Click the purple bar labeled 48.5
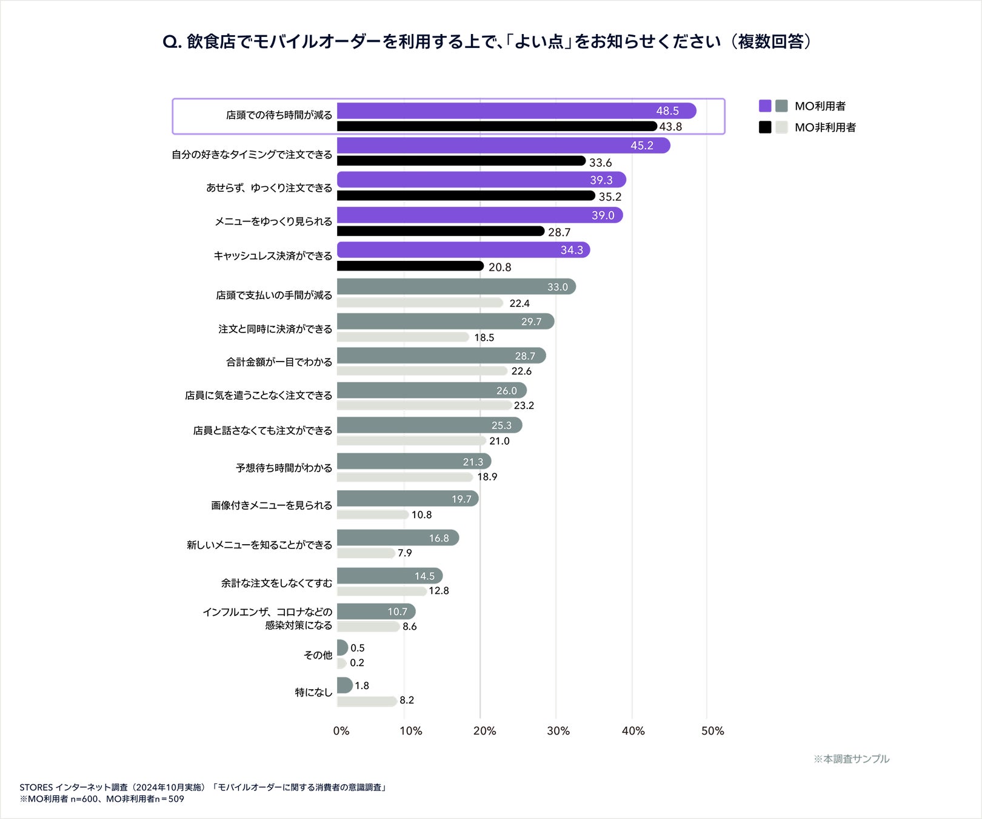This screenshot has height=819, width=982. [515, 111]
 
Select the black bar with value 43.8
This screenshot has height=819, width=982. [496, 127]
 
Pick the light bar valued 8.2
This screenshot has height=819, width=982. [367, 701]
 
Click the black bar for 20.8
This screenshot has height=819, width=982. [410, 266]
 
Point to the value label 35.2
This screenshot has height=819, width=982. [610, 197]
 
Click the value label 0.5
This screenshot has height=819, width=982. [358, 648]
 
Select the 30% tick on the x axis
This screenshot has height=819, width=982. [558, 731]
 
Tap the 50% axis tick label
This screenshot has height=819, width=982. [712, 731]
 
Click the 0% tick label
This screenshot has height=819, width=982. [341, 731]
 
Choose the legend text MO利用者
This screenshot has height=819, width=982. [820, 106]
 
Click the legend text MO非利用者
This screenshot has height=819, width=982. [825, 127]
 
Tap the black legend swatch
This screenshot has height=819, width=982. [765, 127]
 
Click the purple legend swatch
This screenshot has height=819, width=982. [765, 106]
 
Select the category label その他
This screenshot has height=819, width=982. [318, 655]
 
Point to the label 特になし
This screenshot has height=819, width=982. [313, 692]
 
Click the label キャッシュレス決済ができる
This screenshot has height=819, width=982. [273, 256]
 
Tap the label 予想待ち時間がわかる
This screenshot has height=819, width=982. [284, 468]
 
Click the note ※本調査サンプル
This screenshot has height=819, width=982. [851, 759]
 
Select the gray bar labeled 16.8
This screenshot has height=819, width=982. [398, 538]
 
